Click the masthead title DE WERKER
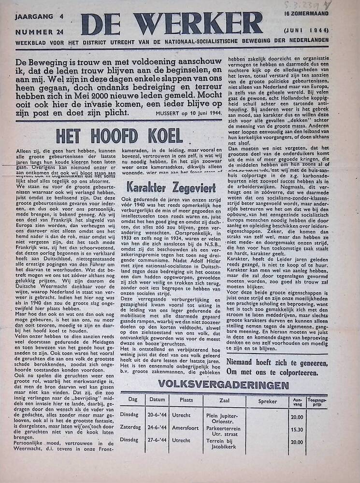[x=172, y=23]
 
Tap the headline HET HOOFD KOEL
[x=119, y=136]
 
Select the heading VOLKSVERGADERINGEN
[x=223, y=385]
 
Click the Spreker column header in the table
[x=267, y=401]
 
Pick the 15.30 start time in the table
[x=297, y=429]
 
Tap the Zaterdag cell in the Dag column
[x=131, y=427]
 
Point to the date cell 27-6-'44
[x=157, y=440]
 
